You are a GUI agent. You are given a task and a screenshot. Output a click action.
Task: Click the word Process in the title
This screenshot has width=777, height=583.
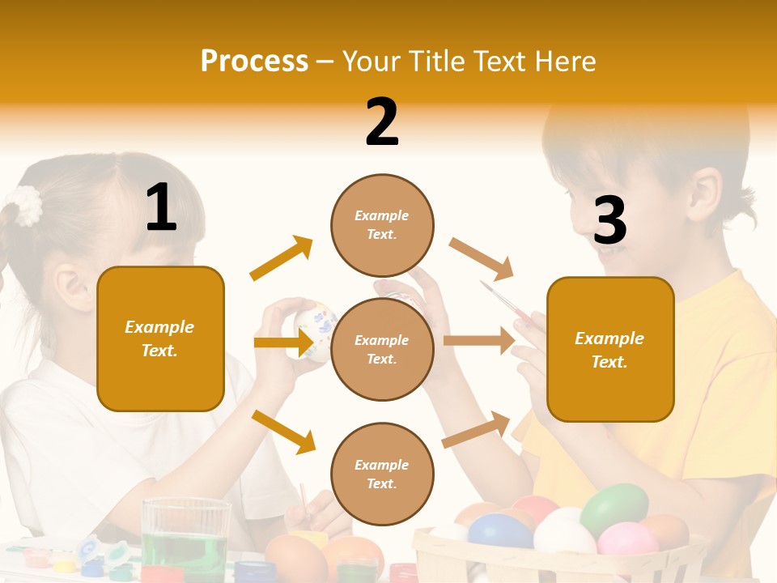[x=254, y=62]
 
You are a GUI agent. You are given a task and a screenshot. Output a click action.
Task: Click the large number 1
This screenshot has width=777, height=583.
[x=161, y=207]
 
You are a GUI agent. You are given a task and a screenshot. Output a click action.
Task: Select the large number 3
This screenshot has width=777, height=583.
[x=609, y=220]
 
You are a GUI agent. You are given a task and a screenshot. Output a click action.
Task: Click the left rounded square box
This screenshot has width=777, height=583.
[x=160, y=338]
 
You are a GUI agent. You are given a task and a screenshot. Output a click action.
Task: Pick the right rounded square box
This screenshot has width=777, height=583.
[x=610, y=350]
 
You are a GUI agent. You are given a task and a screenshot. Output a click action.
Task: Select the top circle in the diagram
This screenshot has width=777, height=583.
[x=382, y=225]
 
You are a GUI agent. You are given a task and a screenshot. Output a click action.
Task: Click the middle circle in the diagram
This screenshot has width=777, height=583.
[x=382, y=349]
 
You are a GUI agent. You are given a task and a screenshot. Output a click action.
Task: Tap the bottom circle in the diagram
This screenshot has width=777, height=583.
[x=382, y=474]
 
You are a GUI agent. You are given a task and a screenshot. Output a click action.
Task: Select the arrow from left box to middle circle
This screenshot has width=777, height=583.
[x=283, y=343]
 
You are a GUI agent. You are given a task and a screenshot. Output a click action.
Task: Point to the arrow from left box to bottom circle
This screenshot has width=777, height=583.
[x=283, y=431]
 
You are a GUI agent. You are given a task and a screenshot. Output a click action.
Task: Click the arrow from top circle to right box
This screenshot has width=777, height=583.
[x=482, y=258]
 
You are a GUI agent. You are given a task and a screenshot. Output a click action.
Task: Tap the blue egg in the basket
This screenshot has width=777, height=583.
[x=499, y=532]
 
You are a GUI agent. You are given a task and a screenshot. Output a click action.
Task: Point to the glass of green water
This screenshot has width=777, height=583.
[x=186, y=538]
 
